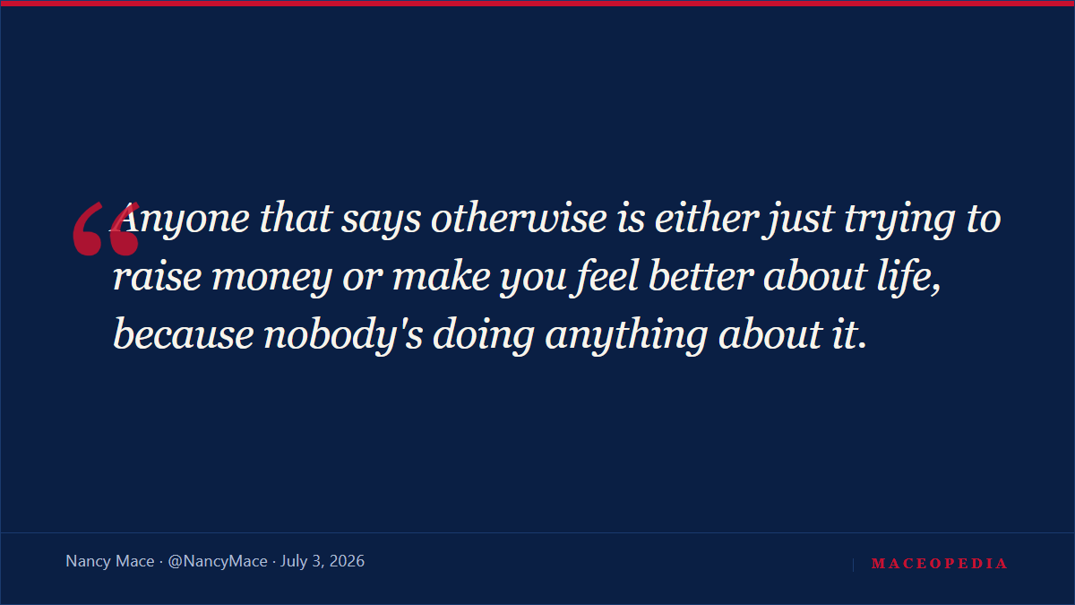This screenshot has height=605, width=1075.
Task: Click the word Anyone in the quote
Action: [179, 220]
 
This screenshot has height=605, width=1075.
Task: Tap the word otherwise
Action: [519, 219]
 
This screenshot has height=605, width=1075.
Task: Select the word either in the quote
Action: [707, 219]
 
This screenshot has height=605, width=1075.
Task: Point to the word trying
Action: [899, 220]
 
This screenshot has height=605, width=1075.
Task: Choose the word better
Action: [701, 276]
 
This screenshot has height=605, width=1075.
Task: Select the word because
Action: [184, 334]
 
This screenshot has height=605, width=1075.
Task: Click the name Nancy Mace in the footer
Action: [110, 561]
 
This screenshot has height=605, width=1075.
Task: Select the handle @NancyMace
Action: [218, 561]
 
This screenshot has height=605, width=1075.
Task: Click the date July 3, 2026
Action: [322, 561]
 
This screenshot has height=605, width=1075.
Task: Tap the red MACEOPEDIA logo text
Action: [939, 563]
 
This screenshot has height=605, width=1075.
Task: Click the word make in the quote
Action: [442, 277]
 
